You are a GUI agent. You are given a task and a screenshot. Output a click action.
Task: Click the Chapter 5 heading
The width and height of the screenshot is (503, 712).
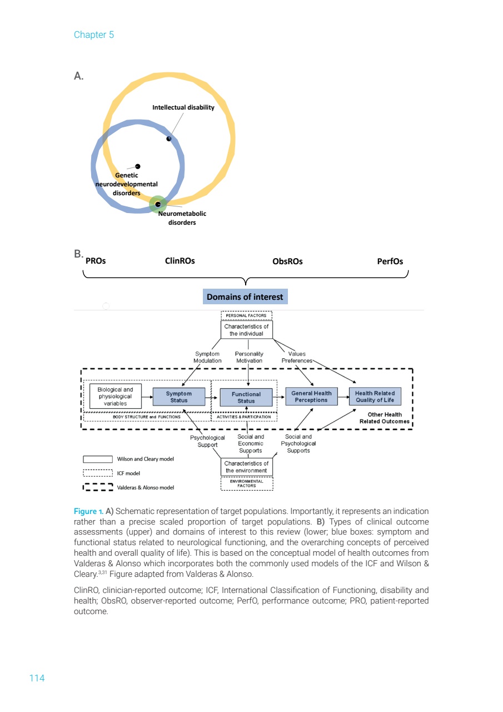click(94, 34)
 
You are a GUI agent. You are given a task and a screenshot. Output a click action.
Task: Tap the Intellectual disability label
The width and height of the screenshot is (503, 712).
click(183, 107)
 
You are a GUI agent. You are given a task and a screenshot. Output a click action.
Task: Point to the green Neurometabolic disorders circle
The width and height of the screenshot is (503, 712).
click(158, 204)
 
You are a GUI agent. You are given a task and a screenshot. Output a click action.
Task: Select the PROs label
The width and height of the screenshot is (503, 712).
click(96, 261)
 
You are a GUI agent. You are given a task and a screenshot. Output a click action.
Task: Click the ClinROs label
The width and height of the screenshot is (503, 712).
click(180, 261)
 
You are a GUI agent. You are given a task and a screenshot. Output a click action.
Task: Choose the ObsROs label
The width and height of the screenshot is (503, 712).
click(287, 261)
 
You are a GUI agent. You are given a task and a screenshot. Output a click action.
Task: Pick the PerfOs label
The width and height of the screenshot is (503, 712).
click(390, 261)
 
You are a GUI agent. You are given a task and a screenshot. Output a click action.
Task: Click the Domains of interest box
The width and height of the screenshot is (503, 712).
click(245, 297)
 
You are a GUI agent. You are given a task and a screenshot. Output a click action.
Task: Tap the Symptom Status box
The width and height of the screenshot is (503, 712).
click(179, 397)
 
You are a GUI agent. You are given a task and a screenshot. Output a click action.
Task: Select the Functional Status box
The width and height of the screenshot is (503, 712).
click(246, 397)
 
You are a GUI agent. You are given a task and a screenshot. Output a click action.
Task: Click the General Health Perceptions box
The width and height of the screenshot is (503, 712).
click(311, 397)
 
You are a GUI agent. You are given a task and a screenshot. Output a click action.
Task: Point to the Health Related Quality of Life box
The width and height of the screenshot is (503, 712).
click(375, 397)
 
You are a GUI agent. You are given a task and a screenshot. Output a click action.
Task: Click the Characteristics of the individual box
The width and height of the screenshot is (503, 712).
click(246, 330)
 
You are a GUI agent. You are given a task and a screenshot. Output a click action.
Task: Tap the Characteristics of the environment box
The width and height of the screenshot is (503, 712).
click(246, 467)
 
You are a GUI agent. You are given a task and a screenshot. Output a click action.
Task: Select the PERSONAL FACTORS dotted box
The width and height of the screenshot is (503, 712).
click(246, 315)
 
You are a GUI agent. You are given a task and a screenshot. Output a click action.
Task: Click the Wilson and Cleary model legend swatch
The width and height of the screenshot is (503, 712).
click(98, 459)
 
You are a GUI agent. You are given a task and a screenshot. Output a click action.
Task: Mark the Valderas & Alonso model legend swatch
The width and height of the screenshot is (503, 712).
click(98, 487)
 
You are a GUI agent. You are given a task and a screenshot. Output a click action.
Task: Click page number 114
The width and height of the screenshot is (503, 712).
click(37, 678)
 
